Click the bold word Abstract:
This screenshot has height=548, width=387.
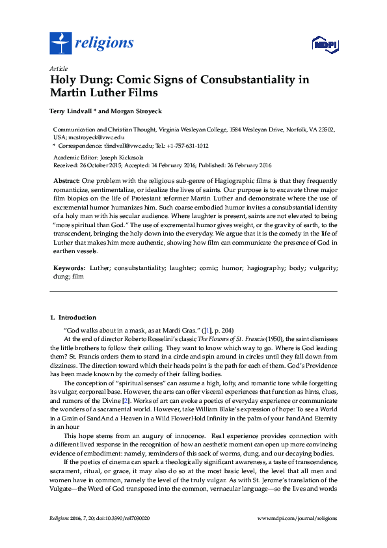66,180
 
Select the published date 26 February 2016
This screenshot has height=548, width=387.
248,165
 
